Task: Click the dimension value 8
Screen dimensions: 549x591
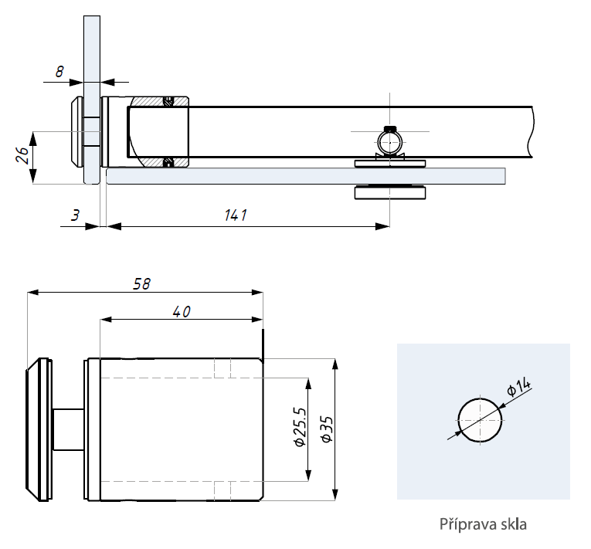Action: coord(59,71)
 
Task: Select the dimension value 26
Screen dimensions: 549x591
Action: coord(22,156)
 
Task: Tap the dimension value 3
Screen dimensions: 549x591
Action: coord(74,215)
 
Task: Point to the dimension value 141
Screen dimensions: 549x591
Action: coord(237,215)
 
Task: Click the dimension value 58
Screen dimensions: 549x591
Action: coord(141,283)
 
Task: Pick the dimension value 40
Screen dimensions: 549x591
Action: coord(181,311)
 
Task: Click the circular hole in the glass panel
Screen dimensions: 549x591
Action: coord(480,420)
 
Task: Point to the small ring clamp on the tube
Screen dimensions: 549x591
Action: coord(389,142)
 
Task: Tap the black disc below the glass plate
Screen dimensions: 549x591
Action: coord(389,192)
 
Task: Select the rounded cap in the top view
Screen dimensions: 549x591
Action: coord(77,132)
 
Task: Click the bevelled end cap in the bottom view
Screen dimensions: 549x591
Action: coord(36,429)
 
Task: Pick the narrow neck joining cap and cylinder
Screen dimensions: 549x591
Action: coord(69,429)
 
